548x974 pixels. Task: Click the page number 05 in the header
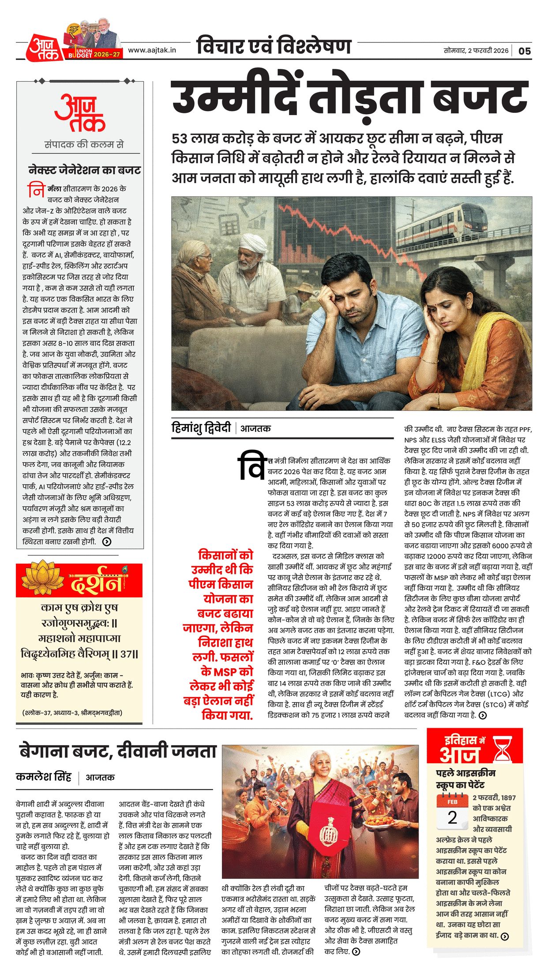[x=525, y=51]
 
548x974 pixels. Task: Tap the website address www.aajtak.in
[x=152, y=50]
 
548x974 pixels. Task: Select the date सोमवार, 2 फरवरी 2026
[x=476, y=51]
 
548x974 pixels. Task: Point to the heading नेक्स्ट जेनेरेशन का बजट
[x=84, y=170]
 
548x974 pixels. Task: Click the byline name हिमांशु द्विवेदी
[x=201, y=428]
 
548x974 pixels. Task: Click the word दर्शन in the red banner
[x=95, y=583]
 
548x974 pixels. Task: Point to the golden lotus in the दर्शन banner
[x=43, y=578]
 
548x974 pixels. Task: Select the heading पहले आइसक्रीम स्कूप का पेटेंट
[x=465, y=779]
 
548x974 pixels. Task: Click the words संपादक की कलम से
[x=84, y=144]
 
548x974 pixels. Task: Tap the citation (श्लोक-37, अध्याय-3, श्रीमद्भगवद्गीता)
[x=72, y=713]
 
